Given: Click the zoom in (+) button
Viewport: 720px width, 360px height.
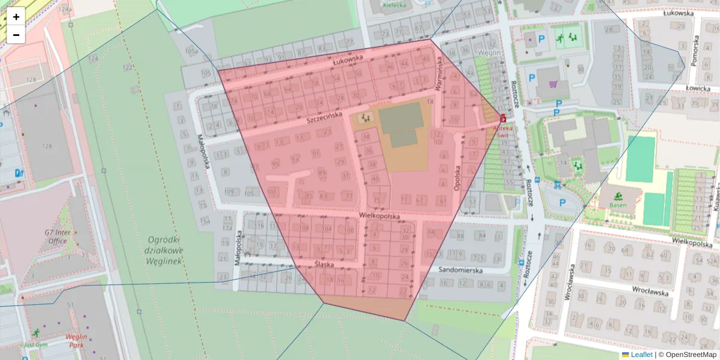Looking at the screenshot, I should [x=16, y=16].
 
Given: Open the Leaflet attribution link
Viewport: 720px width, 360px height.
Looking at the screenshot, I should [x=641, y=355].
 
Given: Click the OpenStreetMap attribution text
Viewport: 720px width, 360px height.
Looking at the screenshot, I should [x=691, y=355].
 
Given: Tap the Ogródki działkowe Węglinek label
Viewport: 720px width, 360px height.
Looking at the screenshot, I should [x=163, y=250].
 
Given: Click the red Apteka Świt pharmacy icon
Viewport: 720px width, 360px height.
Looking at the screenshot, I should [x=502, y=119].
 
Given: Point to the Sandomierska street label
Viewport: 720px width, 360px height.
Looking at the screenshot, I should [x=460, y=271].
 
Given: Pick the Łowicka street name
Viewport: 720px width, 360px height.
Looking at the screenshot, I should [x=698, y=88].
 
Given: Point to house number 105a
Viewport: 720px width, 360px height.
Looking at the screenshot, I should [x=191, y=52].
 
